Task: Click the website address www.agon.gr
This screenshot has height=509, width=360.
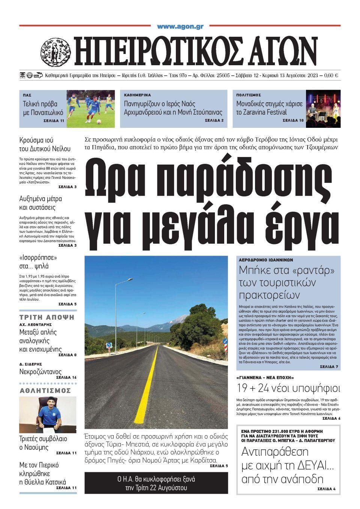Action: pyautogui.click(x=180, y=27)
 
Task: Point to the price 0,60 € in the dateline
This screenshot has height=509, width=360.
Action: pyautogui.click(x=331, y=76)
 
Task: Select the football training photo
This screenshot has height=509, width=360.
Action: pyautogui.click(x=91, y=109)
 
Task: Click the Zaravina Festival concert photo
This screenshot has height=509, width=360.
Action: pyautogui.click(x=323, y=109)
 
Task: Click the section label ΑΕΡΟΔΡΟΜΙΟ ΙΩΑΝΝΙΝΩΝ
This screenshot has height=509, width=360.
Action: pyautogui.click(x=266, y=260)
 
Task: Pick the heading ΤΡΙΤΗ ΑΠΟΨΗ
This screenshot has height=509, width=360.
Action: pyautogui.click(x=47, y=317)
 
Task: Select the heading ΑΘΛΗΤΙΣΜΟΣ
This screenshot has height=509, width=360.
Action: pyautogui.click(x=45, y=391)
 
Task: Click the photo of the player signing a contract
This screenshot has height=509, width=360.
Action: pyautogui.click(x=48, y=415)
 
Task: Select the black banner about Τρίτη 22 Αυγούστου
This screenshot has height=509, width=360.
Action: pyautogui.click(x=156, y=483)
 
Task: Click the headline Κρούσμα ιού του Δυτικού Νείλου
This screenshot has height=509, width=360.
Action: pyautogui.click(x=45, y=145)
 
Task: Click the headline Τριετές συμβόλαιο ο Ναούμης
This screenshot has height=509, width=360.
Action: pyautogui.click(x=43, y=443)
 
